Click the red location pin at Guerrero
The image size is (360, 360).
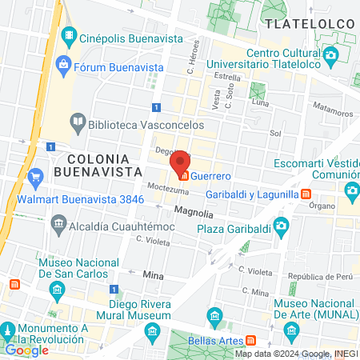181,162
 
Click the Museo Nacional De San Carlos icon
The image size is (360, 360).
56,288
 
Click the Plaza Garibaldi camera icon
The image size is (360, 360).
279,226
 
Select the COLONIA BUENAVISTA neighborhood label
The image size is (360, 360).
105,164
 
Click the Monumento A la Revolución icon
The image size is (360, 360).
9,330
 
